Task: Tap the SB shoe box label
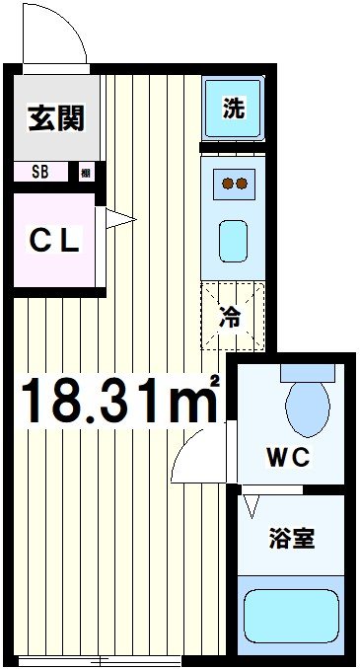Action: [40, 173]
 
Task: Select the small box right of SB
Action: [86, 173]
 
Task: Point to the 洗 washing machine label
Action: [233, 110]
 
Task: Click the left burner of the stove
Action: [226, 183]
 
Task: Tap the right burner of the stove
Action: [242, 183]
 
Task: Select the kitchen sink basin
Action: [234, 240]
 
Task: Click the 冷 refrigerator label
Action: [230, 318]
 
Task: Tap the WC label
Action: [287, 458]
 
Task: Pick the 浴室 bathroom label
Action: [292, 540]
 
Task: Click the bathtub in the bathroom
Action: [292, 618]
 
